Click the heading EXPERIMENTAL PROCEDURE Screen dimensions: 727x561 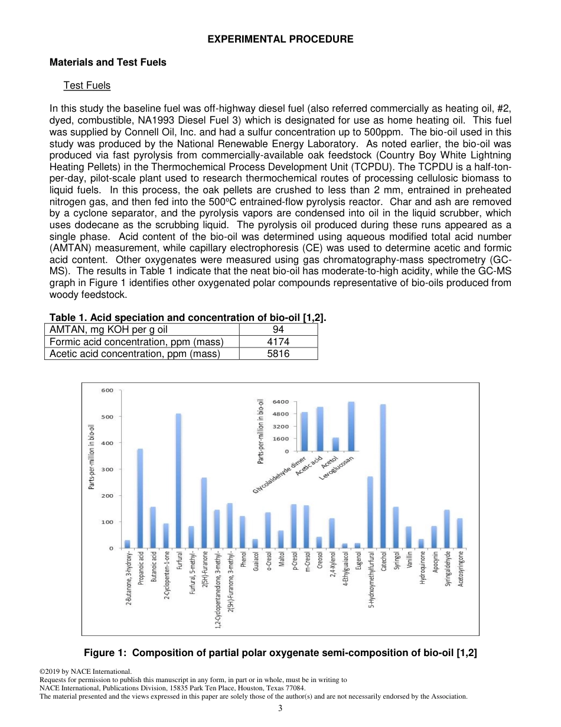[x=280, y=39]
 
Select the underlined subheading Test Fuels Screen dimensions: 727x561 [x=87, y=85]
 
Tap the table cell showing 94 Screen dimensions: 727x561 [x=278, y=330]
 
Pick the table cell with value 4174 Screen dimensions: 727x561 [x=278, y=342]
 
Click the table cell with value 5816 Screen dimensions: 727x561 [x=278, y=353]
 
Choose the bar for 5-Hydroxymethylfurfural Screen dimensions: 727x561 [x=370, y=512]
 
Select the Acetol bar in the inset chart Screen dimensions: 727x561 [x=335, y=444]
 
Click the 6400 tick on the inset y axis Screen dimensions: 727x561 [x=280, y=401]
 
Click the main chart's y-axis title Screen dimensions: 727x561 [x=92, y=457]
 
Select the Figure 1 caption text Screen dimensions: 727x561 [x=280, y=653]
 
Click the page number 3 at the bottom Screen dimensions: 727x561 [x=280, y=708]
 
